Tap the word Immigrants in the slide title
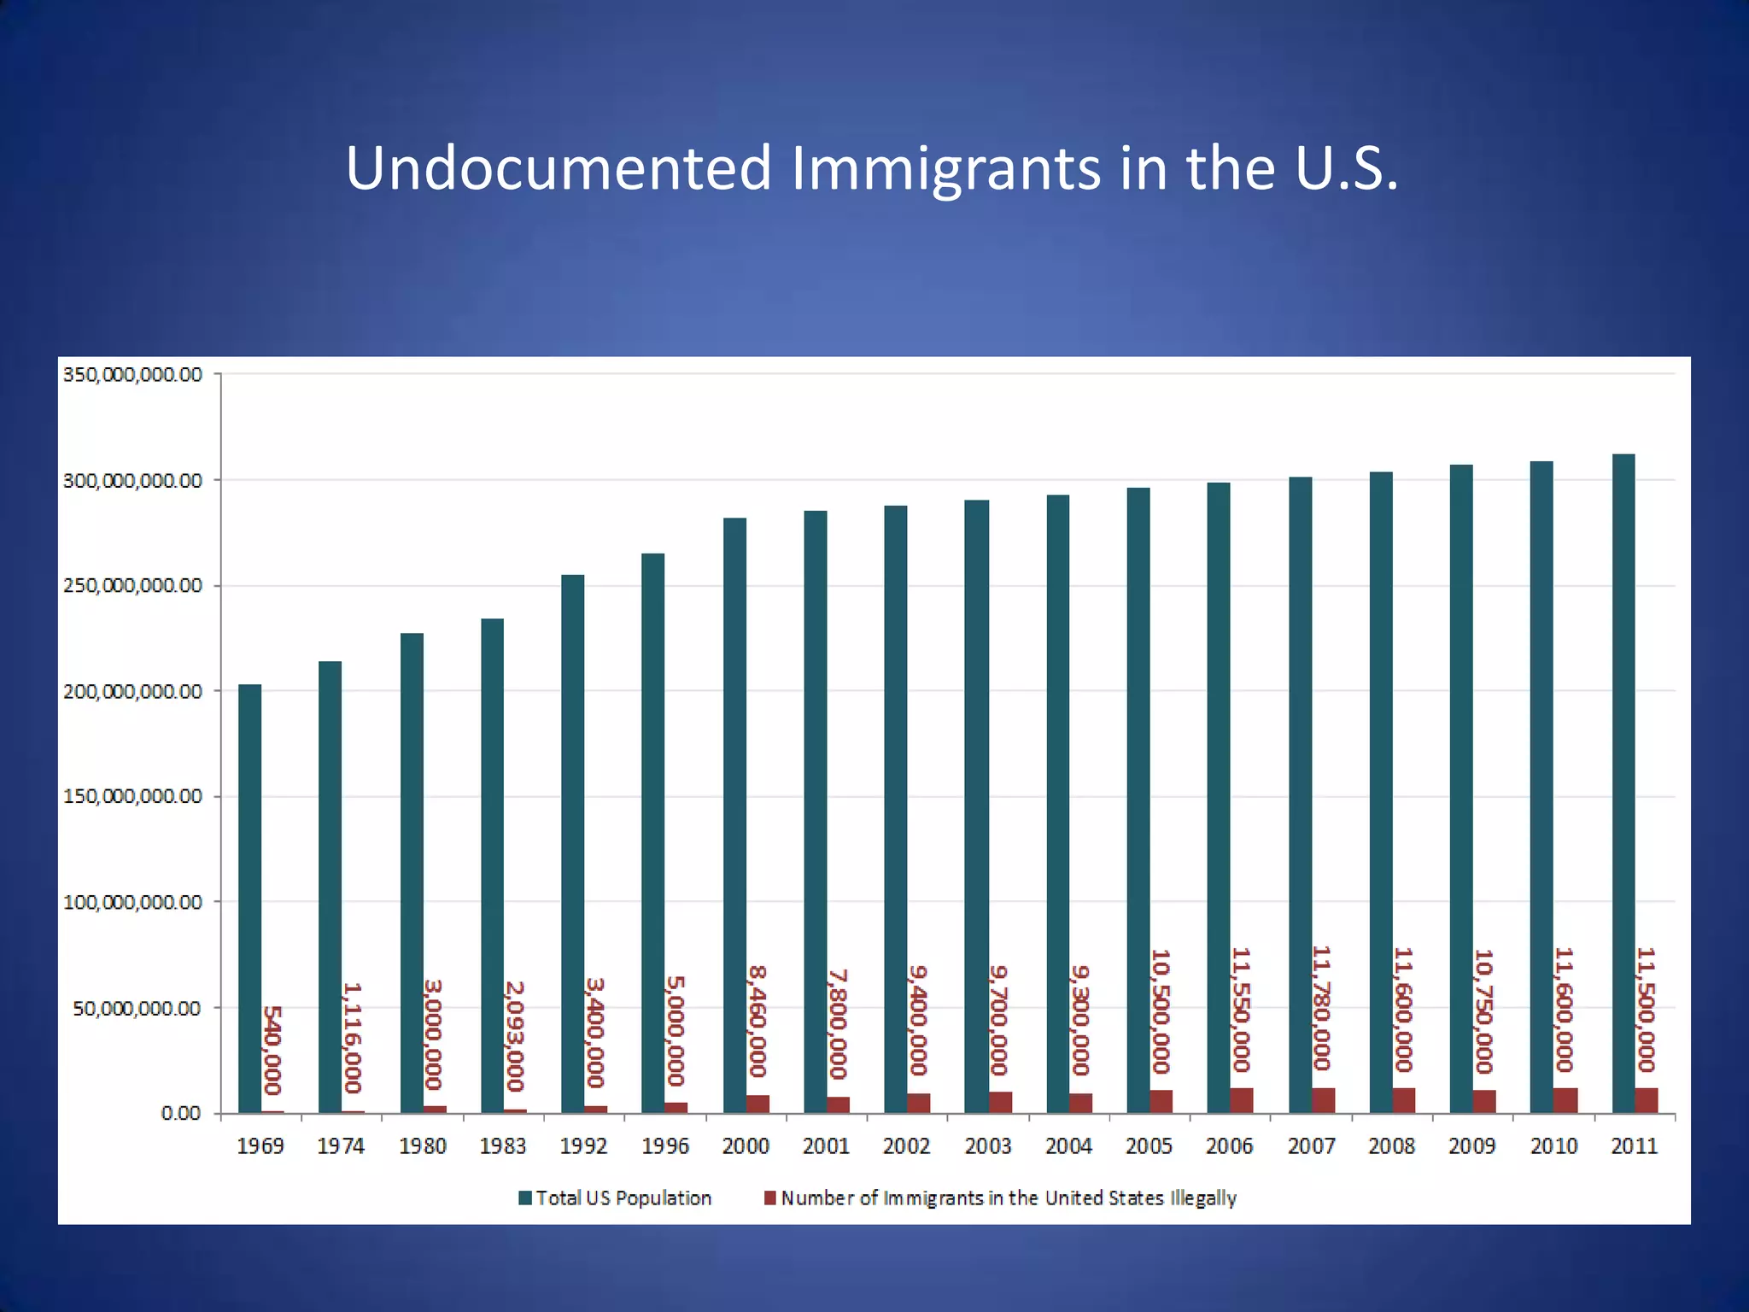945,168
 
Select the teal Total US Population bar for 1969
249,897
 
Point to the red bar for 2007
1323,1100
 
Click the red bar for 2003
1000,1102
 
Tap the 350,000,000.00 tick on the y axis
133,375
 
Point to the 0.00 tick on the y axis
181,1114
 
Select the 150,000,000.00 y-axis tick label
133,797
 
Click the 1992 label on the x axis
583,1146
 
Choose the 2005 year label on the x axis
1149,1146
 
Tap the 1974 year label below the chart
341,1146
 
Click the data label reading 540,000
272,1051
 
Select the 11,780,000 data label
1322,1008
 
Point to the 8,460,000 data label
758,1022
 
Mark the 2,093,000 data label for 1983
514,1035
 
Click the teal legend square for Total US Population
526,1198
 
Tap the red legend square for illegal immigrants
770,1198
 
